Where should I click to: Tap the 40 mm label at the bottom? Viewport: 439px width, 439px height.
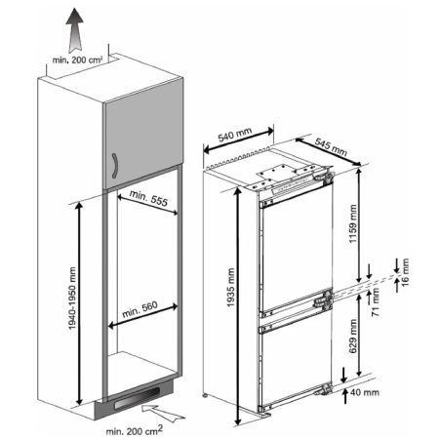(367, 392)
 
